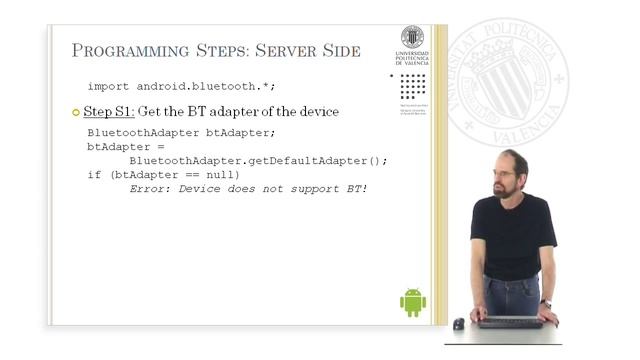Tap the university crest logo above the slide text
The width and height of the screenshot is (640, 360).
[x=412, y=37]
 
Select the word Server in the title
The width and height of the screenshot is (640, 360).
[x=264, y=51]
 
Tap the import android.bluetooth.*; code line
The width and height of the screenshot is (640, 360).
[x=168, y=86]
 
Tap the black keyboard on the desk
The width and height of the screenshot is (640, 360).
[x=511, y=322]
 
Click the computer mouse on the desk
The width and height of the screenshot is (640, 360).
[x=459, y=323]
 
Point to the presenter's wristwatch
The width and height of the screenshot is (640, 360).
[x=546, y=303]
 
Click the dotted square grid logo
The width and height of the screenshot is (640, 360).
[x=412, y=86]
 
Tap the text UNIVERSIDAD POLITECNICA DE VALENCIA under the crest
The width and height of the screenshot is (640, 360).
[x=412, y=61]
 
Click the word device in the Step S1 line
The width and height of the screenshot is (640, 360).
[x=315, y=111]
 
